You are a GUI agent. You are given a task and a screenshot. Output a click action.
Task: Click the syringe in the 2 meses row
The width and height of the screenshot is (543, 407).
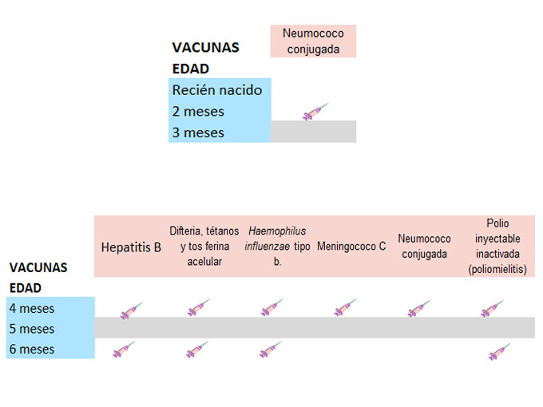coord(315,112)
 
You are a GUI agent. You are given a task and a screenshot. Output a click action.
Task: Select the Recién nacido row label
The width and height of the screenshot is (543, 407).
coord(217,90)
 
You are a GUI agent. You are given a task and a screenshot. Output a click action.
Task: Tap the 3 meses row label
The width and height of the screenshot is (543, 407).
coord(199,132)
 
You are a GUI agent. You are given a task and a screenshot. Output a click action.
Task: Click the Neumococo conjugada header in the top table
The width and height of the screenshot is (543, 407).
coord(313,41)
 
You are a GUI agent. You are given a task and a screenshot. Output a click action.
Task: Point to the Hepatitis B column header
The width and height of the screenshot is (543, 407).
coord(131,247)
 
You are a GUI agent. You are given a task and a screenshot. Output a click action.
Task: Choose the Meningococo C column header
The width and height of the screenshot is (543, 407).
coord(351,246)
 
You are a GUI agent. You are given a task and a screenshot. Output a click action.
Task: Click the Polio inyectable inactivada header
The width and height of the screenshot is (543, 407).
coord(497,247)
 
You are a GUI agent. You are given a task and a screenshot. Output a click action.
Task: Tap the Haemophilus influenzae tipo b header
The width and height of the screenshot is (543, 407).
coord(277,246)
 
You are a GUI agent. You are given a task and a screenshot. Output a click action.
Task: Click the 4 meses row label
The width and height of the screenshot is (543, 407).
coord(32,308)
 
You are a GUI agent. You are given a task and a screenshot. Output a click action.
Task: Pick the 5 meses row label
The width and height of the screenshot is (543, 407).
coord(32,328)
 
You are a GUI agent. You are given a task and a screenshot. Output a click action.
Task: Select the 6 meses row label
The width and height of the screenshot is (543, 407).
coord(32,349)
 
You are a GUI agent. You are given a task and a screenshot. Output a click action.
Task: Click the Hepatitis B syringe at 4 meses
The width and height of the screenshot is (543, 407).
coord(130,309)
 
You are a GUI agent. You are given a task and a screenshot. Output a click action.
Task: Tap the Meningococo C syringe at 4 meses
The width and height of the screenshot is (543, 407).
coord(345,308)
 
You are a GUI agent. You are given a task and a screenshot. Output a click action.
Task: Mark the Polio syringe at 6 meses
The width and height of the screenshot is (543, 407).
coord(499,350)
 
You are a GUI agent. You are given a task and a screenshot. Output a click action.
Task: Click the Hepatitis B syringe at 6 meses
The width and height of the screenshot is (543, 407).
coord(123,350)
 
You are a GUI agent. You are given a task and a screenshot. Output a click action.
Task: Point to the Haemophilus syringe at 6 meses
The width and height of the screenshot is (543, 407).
coord(271,350)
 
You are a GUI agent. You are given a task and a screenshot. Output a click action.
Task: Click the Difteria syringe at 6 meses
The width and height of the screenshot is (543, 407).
coord(197,350)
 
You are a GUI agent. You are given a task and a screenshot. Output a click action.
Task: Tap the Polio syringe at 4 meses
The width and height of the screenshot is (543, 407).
coord(492,309)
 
